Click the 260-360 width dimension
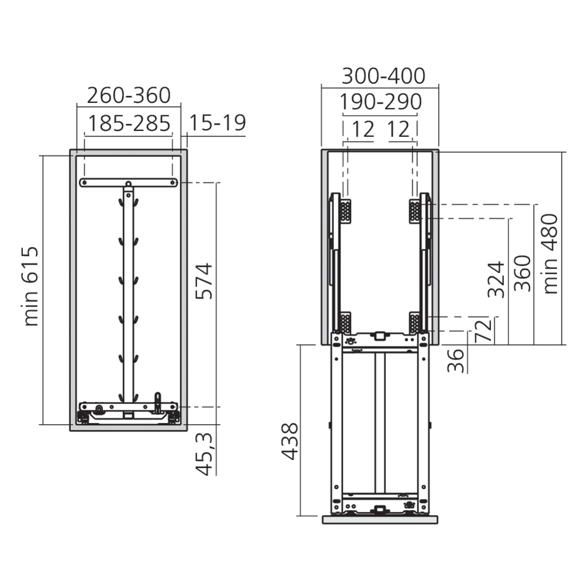click(129, 95)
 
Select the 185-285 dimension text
click(129, 123)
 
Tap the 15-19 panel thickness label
click(218, 123)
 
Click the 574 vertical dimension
click(204, 281)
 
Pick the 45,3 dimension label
click(204, 455)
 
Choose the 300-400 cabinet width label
click(384, 76)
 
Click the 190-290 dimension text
click(381, 101)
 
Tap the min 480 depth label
click(550, 254)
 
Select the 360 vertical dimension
click(522, 273)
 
